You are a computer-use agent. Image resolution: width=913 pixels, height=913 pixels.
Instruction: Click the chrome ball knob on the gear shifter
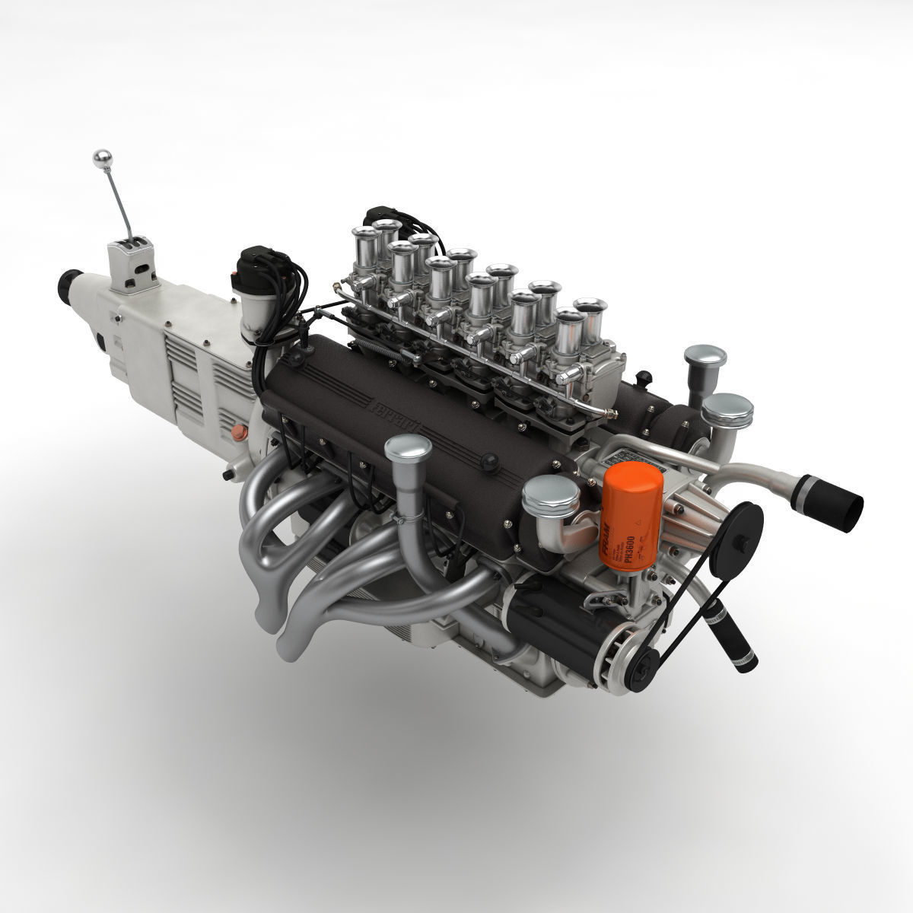point(100,157)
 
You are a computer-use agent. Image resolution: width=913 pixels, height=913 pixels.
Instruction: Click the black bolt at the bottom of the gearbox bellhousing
point(225,476)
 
